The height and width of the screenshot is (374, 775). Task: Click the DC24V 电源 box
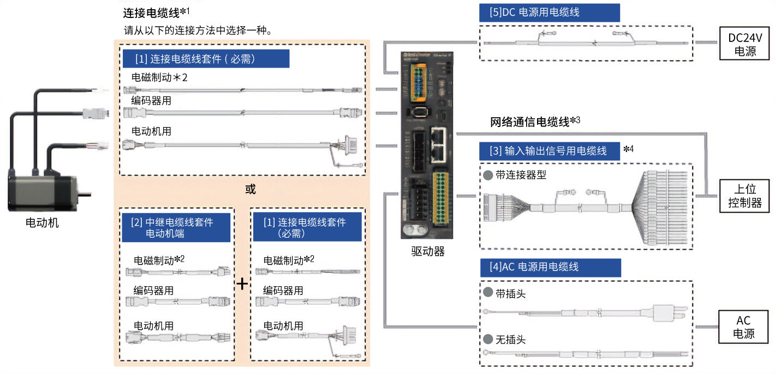744,44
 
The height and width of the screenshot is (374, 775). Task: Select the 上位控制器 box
744,196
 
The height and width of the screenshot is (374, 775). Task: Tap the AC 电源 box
744,327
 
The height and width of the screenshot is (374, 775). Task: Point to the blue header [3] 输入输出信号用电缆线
550,151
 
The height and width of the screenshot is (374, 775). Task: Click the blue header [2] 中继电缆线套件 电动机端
176,228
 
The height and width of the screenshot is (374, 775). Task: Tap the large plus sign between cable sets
241,283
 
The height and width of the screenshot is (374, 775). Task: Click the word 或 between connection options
250,189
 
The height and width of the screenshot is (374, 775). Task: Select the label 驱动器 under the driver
427,251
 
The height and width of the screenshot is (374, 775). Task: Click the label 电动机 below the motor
42,222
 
